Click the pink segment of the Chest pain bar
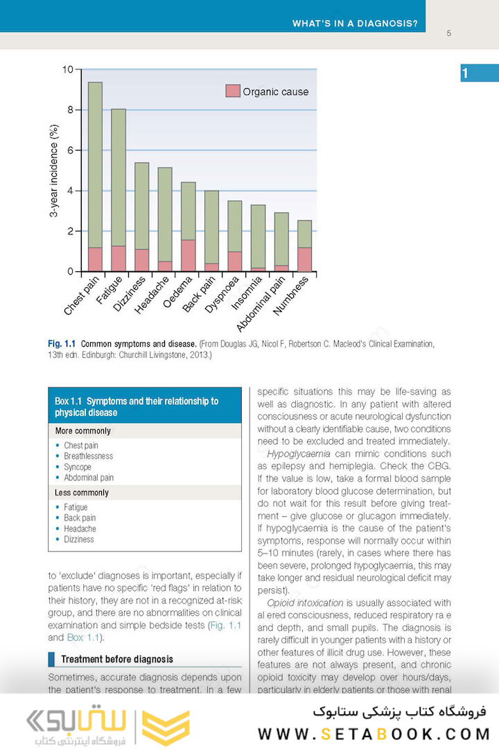pos(95,259)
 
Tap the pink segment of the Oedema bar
pos(188,255)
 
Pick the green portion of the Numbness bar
pos(304,234)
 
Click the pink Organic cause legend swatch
pos(232,91)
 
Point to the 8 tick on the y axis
pos(69,110)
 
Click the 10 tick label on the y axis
pos(67,69)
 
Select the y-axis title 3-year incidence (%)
pos(54,171)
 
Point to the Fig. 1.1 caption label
pos(62,344)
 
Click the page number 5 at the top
pos(449,33)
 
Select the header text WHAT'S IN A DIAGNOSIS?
pos(354,24)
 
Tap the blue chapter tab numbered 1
pos(479,73)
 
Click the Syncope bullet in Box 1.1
pos(78,467)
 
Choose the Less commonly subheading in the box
pos(82,492)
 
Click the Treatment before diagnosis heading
pos(117,659)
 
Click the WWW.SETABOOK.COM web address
pos(374,734)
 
